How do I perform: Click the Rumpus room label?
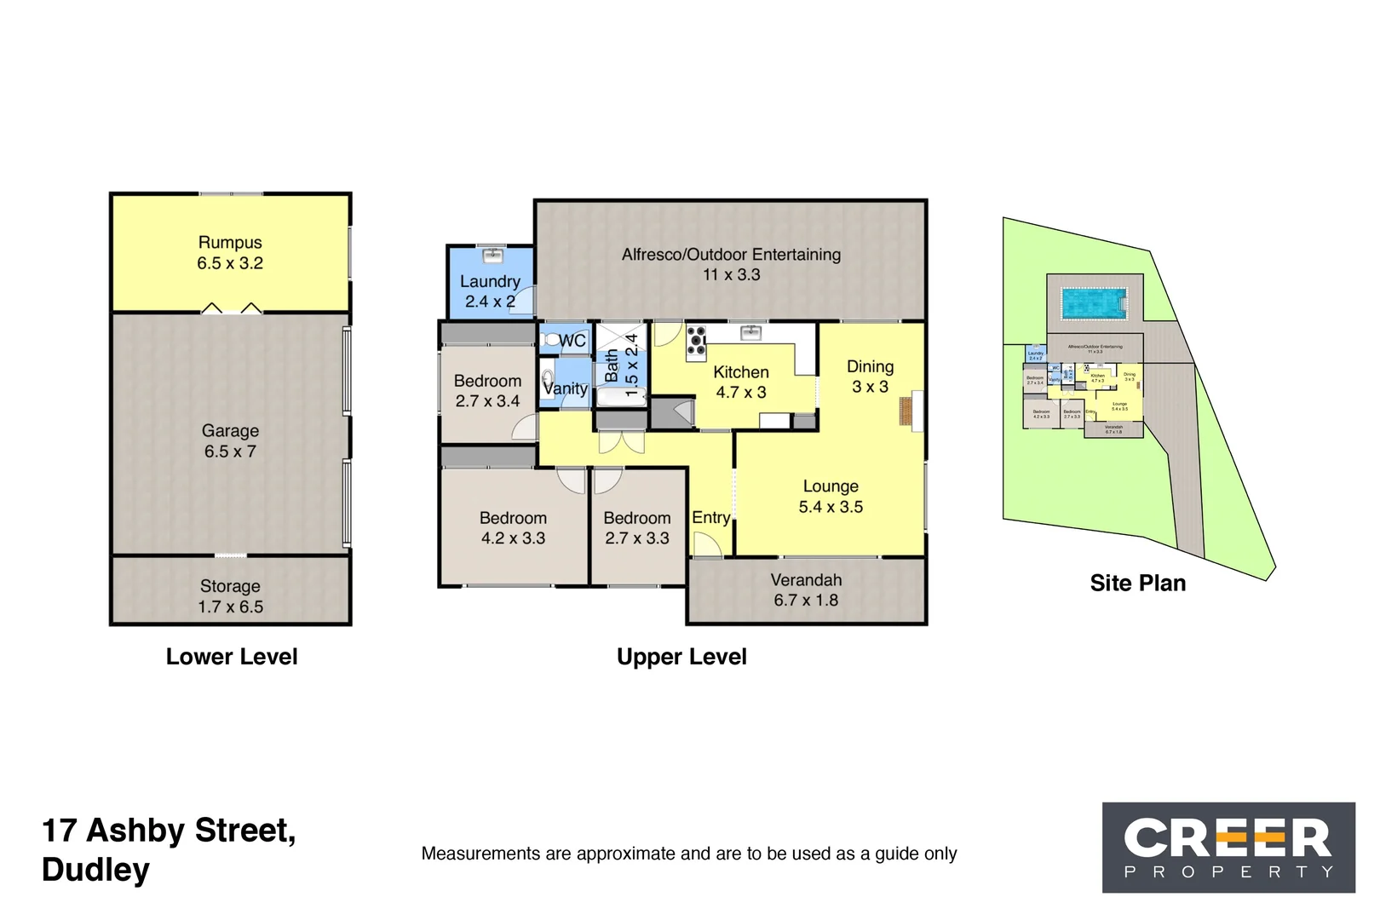click(230, 253)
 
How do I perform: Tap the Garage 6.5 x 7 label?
click(230, 441)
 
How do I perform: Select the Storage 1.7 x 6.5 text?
click(230, 596)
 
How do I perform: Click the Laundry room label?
click(490, 291)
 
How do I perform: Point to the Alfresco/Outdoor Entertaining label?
click(731, 264)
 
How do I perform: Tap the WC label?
click(572, 341)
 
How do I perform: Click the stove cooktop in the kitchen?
click(696, 339)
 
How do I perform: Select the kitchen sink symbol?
click(750, 332)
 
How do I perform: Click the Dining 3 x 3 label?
click(870, 377)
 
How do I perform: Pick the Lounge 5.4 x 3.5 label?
click(831, 497)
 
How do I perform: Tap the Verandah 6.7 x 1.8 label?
click(806, 590)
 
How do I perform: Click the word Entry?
click(710, 518)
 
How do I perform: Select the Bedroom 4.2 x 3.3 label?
click(513, 528)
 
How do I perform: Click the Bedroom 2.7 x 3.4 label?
click(487, 391)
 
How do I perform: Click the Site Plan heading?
click(1137, 584)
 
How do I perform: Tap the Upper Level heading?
click(681, 657)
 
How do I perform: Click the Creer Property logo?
click(1228, 848)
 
